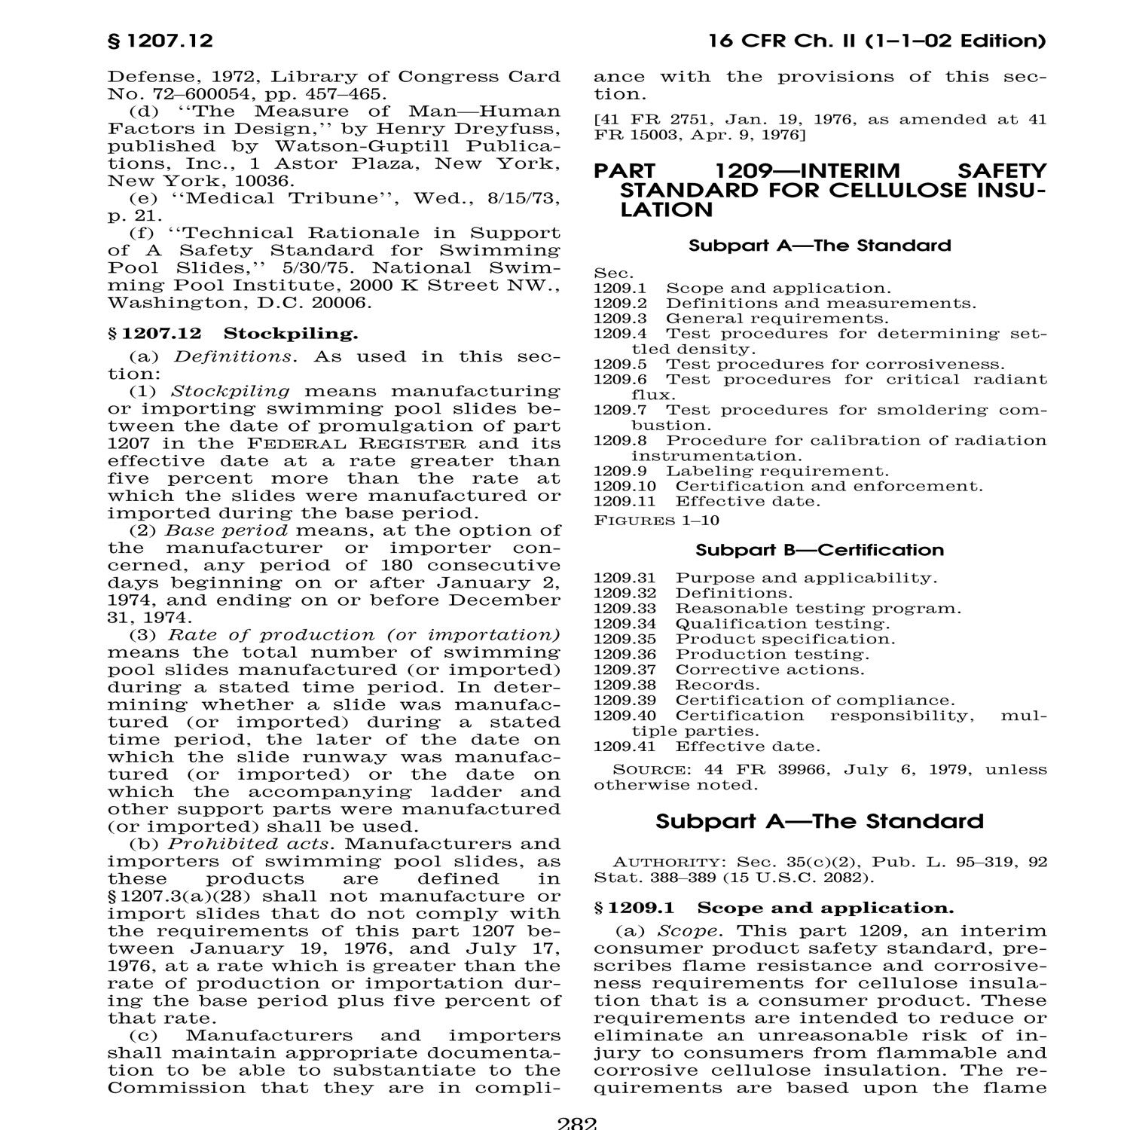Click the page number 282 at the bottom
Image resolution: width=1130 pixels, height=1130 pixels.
(x=577, y=1124)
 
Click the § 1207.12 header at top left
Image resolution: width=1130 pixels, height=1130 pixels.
(x=160, y=41)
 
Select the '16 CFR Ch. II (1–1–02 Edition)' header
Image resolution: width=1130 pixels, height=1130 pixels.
(x=877, y=41)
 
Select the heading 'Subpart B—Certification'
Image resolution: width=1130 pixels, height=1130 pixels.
(x=820, y=550)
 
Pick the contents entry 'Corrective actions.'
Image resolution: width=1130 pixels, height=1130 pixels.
(x=770, y=670)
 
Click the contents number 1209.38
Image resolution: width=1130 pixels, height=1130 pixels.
(x=625, y=685)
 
